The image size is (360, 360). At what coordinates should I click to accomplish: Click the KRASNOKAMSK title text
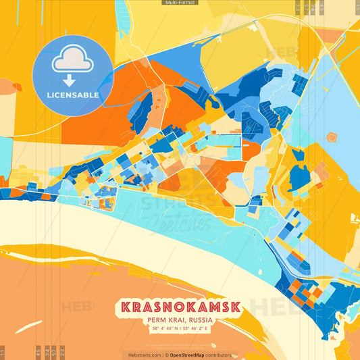click(x=180, y=306)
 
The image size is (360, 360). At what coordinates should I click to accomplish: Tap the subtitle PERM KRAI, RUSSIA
click(x=180, y=319)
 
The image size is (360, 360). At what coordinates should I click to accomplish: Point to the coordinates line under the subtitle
click(x=180, y=329)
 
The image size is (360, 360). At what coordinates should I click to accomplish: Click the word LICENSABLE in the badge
click(x=73, y=95)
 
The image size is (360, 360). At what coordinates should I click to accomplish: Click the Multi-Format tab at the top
click(x=180, y=3)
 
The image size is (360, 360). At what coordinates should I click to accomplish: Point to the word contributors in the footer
click(x=220, y=355)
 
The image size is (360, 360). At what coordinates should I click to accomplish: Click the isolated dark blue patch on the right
click(x=299, y=177)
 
